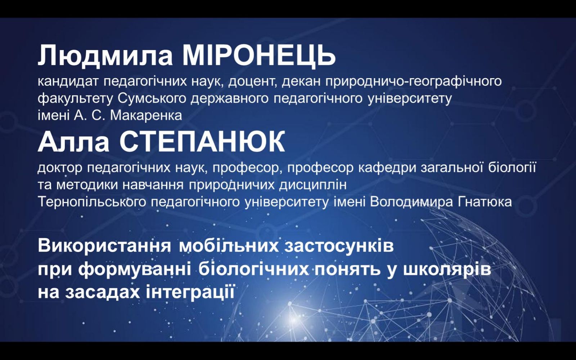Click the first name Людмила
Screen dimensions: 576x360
[x=105, y=56]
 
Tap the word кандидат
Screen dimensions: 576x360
[x=68, y=81]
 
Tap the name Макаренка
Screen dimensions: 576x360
[x=146, y=116]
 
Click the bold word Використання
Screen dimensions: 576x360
[x=104, y=246]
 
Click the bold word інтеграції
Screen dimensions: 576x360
[x=190, y=293]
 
